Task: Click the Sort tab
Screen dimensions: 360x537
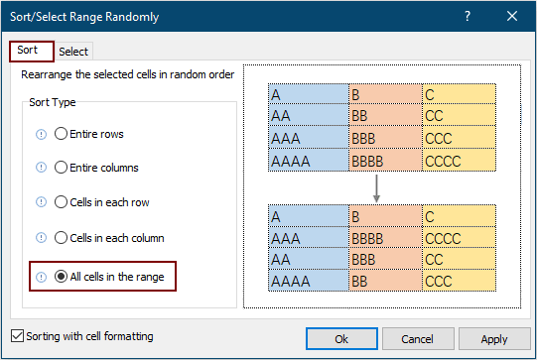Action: pyautogui.click(x=27, y=51)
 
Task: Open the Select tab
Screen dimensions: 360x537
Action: pyautogui.click(x=73, y=52)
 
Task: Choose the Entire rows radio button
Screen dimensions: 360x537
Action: pyautogui.click(x=62, y=134)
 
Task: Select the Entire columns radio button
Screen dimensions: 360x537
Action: pyautogui.click(x=62, y=169)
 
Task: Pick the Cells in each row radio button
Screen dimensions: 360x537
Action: pyautogui.click(x=62, y=203)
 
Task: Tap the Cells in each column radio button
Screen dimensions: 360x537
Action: pyautogui.click(x=62, y=238)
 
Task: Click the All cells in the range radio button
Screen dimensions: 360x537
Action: pyautogui.click(x=62, y=277)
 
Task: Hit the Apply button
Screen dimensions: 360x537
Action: pyautogui.click(x=493, y=339)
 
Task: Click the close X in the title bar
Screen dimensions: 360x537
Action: pyautogui.click(x=511, y=17)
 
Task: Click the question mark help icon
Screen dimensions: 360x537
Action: pyautogui.click(x=467, y=17)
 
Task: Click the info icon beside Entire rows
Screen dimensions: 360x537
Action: pyautogui.click(x=41, y=134)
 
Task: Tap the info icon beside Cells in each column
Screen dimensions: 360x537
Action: pyautogui.click(x=41, y=238)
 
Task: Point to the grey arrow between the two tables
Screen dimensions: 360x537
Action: pyautogui.click(x=378, y=186)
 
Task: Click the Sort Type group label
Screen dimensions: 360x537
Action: pyautogui.click(x=53, y=102)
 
